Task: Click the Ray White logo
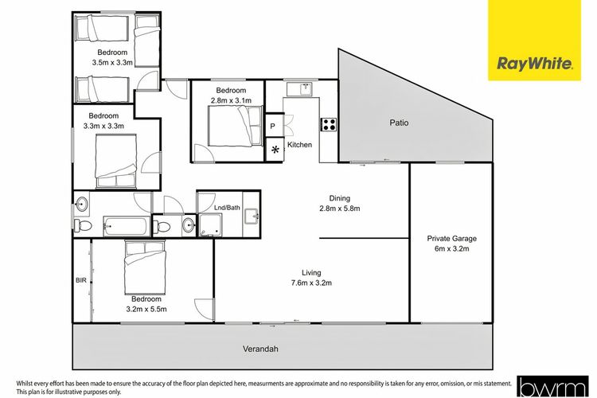click(535, 40)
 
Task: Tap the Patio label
click(399, 123)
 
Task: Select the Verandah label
click(260, 349)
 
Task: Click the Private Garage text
click(451, 239)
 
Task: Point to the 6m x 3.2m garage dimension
click(451, 248)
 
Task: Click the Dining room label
click(340, 198)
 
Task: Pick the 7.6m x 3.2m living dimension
click(311, 283)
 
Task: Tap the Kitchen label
click(299, 145)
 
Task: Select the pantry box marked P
click(275, 125)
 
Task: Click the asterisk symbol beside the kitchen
click(275, 150)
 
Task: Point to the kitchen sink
click(306, 89)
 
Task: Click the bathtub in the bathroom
click(127, 227)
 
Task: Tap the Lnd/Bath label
click(228, 208)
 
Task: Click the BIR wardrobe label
click(81, 280)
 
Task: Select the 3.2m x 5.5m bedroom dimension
click(146, 310)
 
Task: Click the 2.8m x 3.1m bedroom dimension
click(231, 100)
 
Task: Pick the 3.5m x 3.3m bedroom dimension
click(112, 62)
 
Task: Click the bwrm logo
click(552, 387)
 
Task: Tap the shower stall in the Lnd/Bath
click(210, 224)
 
